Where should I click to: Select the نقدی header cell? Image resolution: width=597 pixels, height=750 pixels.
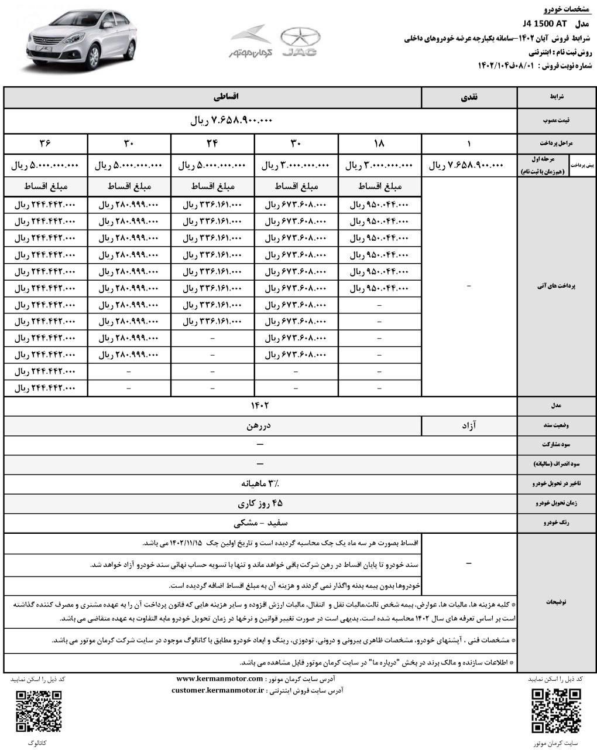(x=469, y=98)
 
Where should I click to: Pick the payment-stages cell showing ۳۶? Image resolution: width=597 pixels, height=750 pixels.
(x=46, y=142)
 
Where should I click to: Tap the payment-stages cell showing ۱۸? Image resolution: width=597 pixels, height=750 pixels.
(x=379, y=142)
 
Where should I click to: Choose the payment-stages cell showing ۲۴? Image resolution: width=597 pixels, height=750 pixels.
(x=212, y=142)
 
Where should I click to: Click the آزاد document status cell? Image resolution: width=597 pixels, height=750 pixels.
(x=469, y=427)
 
